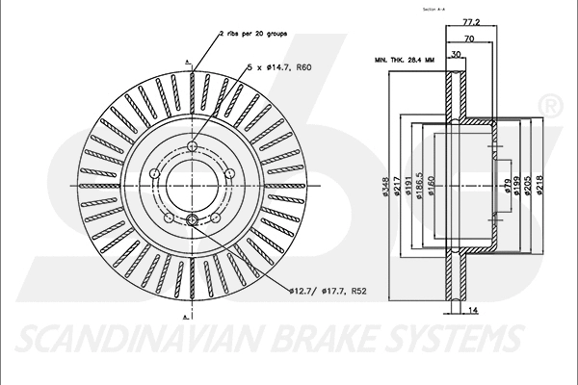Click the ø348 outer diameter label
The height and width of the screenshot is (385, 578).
[x=384, y=189]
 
